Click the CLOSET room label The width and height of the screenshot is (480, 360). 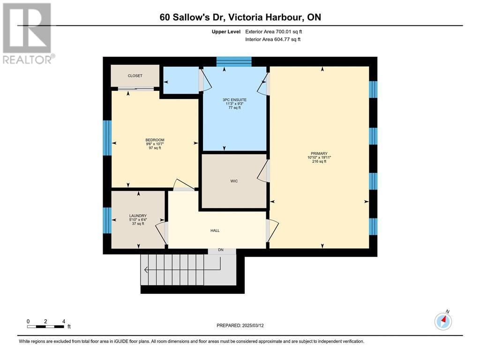[x=135, y=75]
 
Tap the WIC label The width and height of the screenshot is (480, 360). [x=234, y=181]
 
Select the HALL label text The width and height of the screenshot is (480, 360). [x=215, y=231]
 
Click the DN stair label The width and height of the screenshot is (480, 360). [x=221, y=250]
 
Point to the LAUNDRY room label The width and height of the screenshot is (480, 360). [x=138, y=216]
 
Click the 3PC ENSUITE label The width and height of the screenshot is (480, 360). [x=234, y=100]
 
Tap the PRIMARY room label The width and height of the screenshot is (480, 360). [x=319, y=153]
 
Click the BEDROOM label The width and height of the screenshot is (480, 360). [x=155, y=140]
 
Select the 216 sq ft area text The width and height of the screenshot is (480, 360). [x=319, y=161]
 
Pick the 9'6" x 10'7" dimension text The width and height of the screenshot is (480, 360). [x=155, y=144]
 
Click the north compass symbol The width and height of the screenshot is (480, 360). [x=443, y=321]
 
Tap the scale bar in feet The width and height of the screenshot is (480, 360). [x=46, y=327]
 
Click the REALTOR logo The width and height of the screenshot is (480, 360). [x=28, y=33]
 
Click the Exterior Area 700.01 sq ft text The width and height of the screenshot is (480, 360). [x=274, y=31]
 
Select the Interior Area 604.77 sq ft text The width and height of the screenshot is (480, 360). [x=273, y=39]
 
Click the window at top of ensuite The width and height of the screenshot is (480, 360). [x=234, y=61]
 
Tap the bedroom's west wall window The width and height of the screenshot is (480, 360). [x=107, y=138]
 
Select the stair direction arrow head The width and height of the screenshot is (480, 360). [x=146, y=270]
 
